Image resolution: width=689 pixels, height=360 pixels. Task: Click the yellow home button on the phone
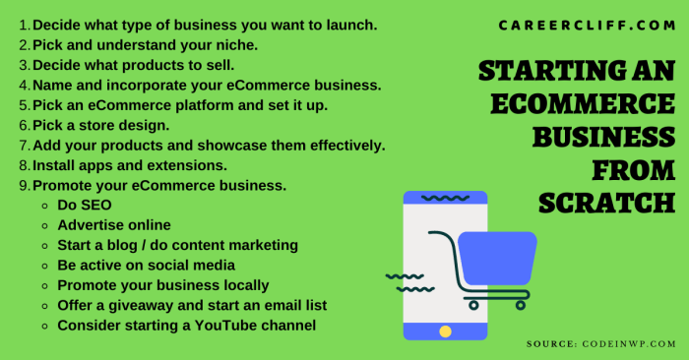tap(446, 330)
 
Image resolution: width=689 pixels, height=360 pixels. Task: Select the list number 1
tap(24, 24)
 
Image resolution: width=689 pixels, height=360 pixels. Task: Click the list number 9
tap(24, 185)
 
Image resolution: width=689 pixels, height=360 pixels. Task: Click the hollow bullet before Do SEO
tap(44, 206)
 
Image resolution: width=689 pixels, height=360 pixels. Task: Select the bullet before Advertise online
tap(44, 225)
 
